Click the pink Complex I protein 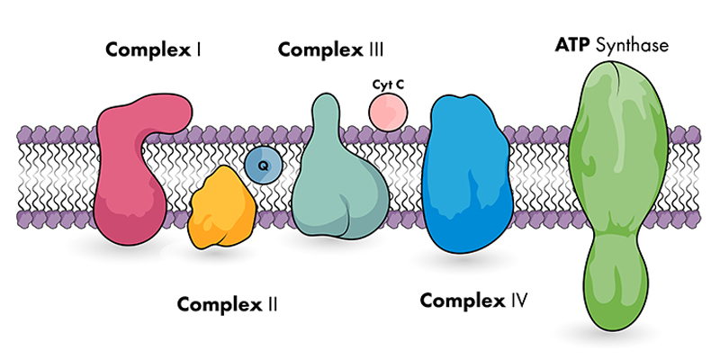[130, 180]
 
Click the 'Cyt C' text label [388, 85]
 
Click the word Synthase [635, 44]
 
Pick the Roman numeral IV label [517, 300]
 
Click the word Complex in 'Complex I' [147, 49]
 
